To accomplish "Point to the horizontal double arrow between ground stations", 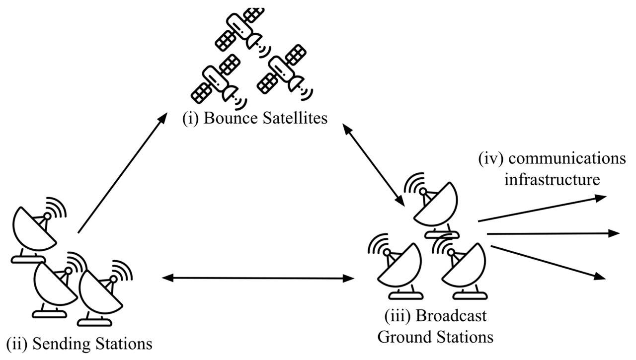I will point(258,279).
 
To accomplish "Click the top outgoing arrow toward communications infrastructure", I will point(542,209).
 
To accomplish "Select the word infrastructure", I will point(552,179).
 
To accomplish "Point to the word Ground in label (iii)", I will point(402,337).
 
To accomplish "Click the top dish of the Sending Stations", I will point(35,231).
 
